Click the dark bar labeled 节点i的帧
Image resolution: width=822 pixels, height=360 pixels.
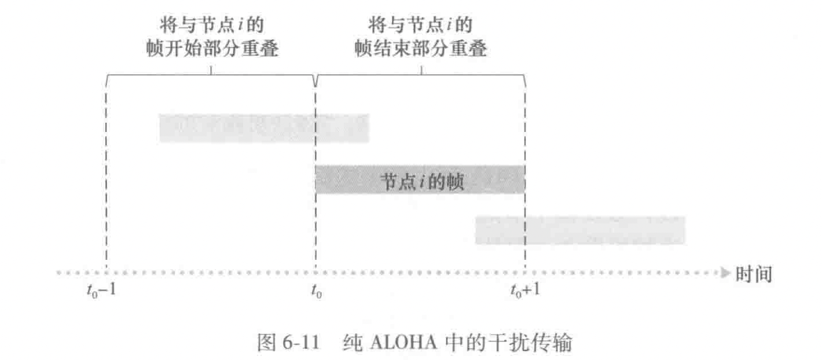coord(420,179)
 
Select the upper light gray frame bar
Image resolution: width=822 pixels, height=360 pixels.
coord(264,128)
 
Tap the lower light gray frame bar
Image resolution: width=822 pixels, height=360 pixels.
coord(580,230)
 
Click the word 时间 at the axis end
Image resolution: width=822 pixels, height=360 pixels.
coord(754,274)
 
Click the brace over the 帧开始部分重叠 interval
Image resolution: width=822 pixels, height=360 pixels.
coord(211,74)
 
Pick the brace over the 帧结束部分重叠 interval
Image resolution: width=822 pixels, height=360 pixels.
coord(421,74)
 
